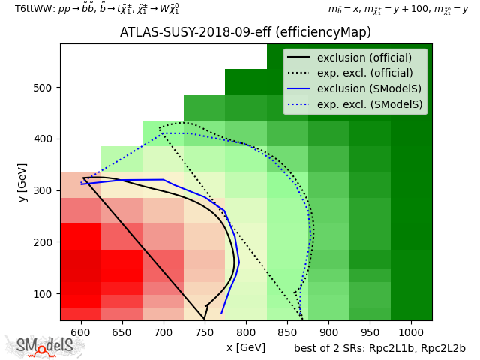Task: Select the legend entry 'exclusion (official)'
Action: pyautogui.click(x=364, y=58)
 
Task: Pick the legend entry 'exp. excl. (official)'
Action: pyautogui.click(x=365, y=73)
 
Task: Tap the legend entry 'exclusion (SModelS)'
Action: pyautogui.click(x=369, y=88)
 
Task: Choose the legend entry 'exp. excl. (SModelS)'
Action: pyautogui.click(x=370, y=104)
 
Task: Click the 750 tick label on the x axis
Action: pyautogui.click(x=205, y=332)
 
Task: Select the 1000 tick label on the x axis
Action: pyautogui.click(x=411, y=332)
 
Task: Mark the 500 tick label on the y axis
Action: pyautogui.click(x=43, y=88)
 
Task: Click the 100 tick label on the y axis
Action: pyautogui.click(x=43, y=294)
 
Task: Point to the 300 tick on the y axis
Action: pyautogui.click(x=60, y=190)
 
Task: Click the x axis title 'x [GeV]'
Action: pyautogui.click(x=246, y=347)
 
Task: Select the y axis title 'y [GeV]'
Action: pyautogui.click(x=22, y=182)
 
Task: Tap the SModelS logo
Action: pyautogui.click(x=43, y=346)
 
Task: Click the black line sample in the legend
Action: pyautogui.click(x=298, y=57)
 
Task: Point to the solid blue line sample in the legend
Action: pyautogui.click(x=298, y=88)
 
